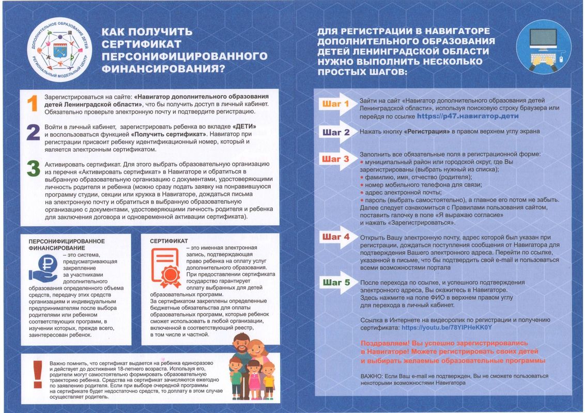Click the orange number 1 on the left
click(32, 103)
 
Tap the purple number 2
click(33, 133)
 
